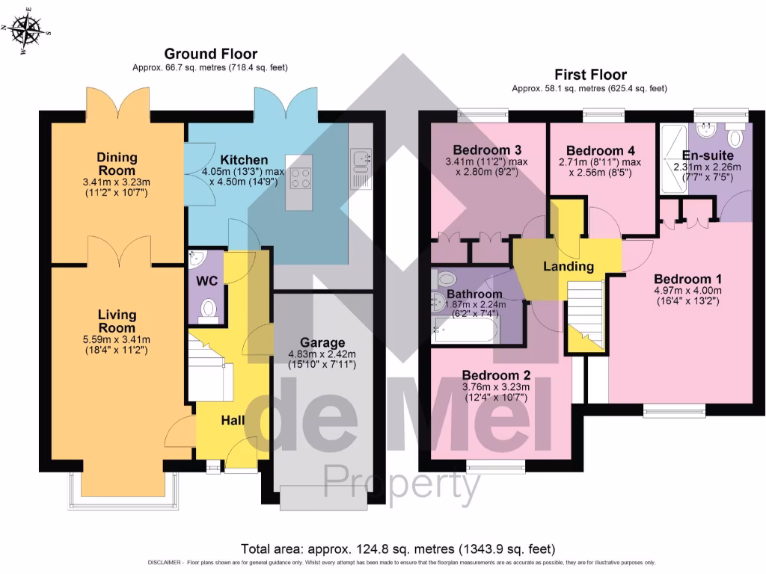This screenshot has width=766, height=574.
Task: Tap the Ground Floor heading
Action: [210, 54]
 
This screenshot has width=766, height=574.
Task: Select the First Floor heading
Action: [589, 74]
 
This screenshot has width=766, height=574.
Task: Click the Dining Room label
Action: [117, 164]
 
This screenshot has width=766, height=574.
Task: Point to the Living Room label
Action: [117, 321]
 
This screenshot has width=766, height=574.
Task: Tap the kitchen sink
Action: [361, 158]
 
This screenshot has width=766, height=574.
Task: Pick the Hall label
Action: [233, 421]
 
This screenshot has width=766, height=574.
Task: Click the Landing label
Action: [569, 266]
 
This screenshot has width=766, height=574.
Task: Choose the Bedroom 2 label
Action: [495, 374]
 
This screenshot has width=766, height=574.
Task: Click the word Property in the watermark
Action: [401, 484]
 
